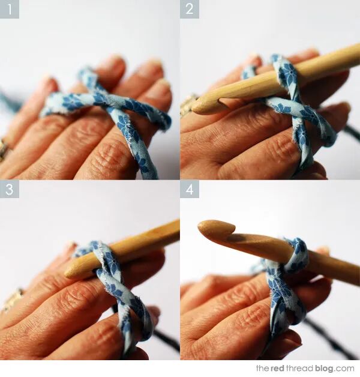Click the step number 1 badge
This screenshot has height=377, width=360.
click(10, 9)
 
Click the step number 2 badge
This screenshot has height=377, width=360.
click(190, 9)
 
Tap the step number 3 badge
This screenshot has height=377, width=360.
click(10, 190)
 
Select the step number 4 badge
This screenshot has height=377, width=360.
click(190, 190)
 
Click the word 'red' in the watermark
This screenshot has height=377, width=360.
click(277, 368)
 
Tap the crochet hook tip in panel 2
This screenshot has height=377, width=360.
click(196, 109)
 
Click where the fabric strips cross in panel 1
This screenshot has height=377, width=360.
click(101, 97)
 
